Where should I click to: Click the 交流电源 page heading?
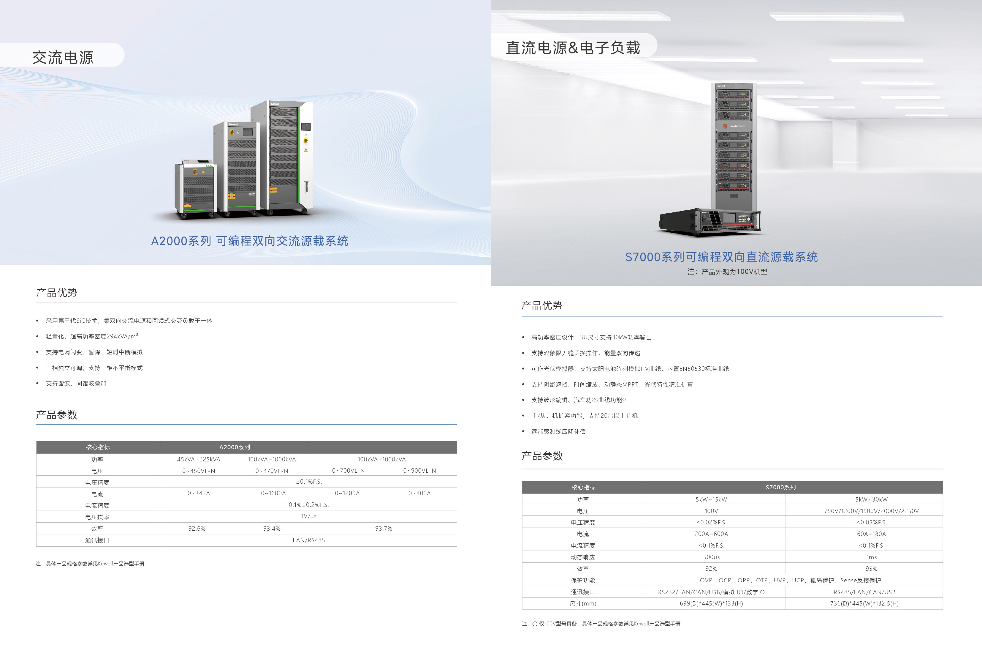63,58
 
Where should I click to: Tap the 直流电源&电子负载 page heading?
573,48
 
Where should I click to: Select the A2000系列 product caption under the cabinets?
249,241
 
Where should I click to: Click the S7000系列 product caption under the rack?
721,257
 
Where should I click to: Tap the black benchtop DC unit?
710,221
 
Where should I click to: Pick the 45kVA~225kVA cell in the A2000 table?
198,459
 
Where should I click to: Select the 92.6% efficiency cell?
197,529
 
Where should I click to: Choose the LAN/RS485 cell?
308,540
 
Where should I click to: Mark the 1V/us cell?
308,516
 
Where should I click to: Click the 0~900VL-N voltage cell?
419,471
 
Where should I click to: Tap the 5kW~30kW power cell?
871,499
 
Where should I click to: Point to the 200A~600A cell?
711,534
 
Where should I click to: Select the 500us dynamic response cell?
711,557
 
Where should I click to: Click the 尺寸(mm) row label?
583,603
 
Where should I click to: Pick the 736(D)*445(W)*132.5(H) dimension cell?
864,603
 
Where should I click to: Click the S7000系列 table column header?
780,487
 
